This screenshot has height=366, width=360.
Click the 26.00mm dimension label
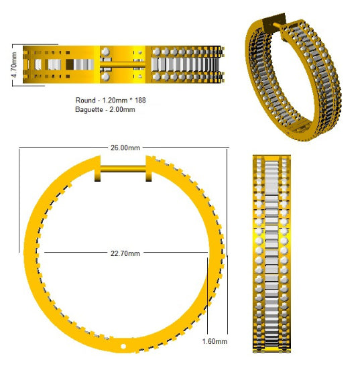(125, 147)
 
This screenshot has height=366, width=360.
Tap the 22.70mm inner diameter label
(125, 253)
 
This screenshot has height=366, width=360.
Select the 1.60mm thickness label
(215, 341)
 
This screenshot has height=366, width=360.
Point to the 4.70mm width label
(14, 65)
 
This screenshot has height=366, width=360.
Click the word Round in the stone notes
(85, 101)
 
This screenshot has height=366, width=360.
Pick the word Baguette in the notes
(89, 109)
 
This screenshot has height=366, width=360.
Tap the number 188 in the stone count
(140, 101)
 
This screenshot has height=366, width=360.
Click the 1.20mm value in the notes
(115, 101)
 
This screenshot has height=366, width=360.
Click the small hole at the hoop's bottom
(123, 346)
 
